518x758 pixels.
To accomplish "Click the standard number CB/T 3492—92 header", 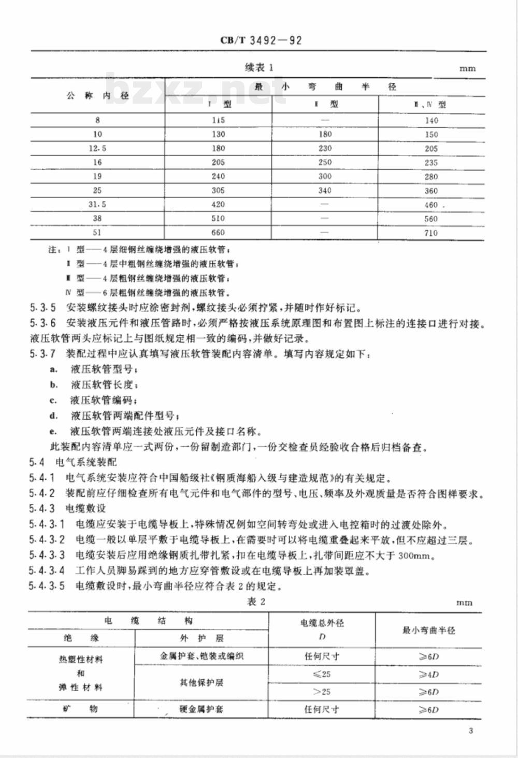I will tap(261, 40).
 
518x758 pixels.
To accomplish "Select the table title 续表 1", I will tap(258, 67).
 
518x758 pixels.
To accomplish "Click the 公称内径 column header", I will tap(97, 95).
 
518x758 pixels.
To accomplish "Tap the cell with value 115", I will tap(218, 120).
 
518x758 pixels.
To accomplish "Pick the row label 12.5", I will tap(97, 148).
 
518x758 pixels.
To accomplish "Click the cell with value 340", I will tap(325, 190).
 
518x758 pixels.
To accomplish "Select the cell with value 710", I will tap(431, 233).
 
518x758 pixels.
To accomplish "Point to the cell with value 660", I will tap(218, 233).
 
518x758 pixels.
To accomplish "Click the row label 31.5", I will tap(97, 204).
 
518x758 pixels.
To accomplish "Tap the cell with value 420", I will tap(218, 204).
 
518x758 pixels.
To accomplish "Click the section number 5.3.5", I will tap(43, 307).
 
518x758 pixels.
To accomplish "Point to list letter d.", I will tap(53, 416).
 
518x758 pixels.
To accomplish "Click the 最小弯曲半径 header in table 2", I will tap(428, 630).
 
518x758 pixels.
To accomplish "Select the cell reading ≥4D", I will tap(428, 674).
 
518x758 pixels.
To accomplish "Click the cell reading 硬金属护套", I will tap(201, 709).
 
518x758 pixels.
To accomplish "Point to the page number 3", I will tap(470, 731).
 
